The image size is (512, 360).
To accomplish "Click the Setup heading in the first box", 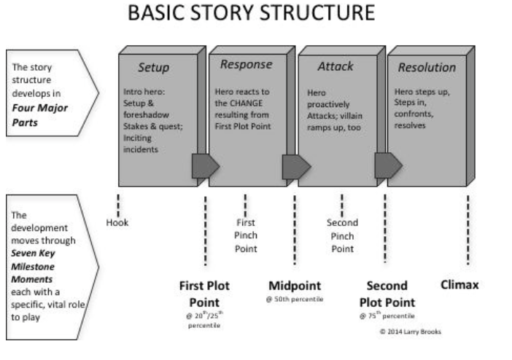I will (154, 69).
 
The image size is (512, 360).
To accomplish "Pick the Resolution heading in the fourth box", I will (427, 68).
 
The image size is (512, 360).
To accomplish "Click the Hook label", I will (117, 223).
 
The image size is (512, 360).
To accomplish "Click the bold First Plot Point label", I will (205, 294).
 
